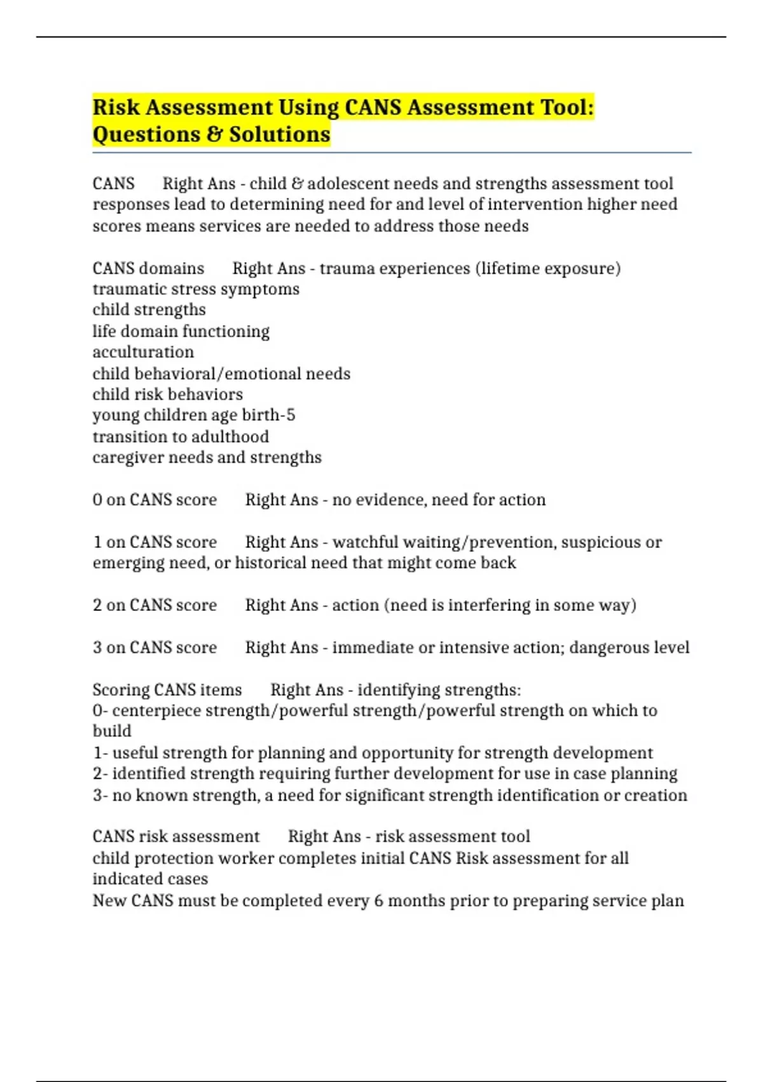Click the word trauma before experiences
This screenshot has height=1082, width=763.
[347, 269]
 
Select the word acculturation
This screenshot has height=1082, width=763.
[143, 352]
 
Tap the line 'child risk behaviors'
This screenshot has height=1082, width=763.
[167, 395]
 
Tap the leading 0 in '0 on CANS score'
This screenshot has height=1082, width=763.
[97, 500]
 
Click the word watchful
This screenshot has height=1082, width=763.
[364, 542]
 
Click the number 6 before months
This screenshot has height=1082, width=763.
[378, 901]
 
